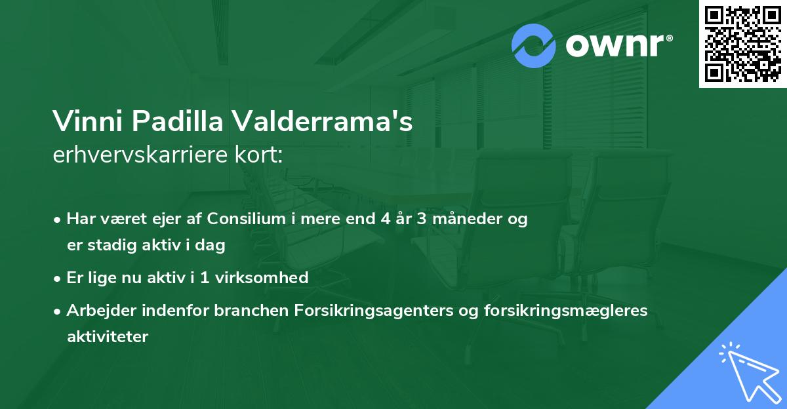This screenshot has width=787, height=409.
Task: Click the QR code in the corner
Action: click(x=743, y=43)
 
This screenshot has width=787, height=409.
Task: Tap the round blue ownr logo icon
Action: click(x=534, y=47)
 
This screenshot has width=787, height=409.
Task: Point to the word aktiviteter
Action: click(x=108, y=337)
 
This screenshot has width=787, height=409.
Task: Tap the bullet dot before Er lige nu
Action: click(x=58, y=279)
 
